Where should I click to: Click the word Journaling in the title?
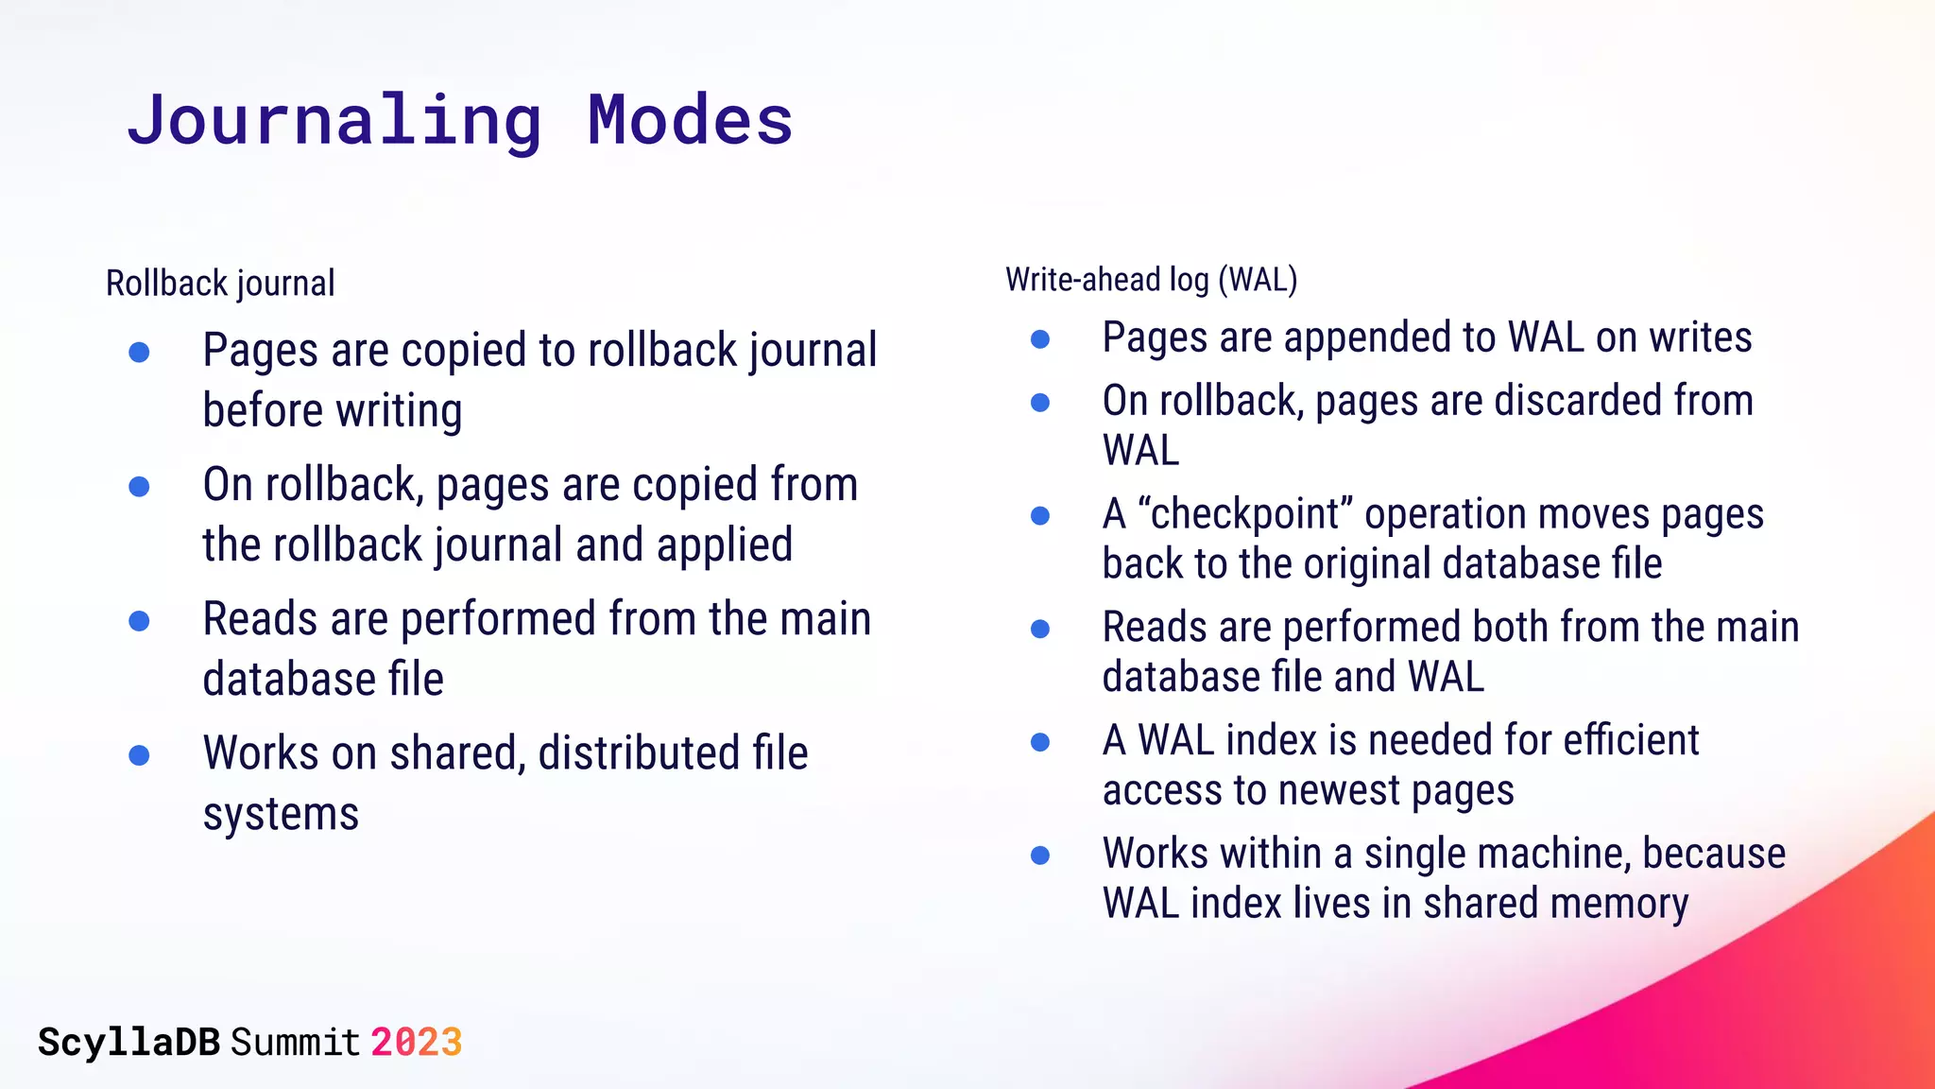tap(335, 121)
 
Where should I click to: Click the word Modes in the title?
tap(690, 121)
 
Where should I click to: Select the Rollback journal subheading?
tap(220, 283)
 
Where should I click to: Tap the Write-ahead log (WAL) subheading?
tap(1151, 280)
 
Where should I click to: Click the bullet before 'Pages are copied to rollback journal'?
tap(139, 353)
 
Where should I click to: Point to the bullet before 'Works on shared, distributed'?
tap(139, 755)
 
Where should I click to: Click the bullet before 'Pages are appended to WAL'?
tap(1040, 339)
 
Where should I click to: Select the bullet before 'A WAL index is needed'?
tap(1040, 742)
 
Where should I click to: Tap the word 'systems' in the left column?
tap(281, 814)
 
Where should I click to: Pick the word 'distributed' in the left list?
tap(639, 753)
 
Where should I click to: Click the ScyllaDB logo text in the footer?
tap(128, 1042)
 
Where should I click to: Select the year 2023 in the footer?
tap(416, 1042)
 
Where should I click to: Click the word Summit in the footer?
tap(295, 1042)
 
